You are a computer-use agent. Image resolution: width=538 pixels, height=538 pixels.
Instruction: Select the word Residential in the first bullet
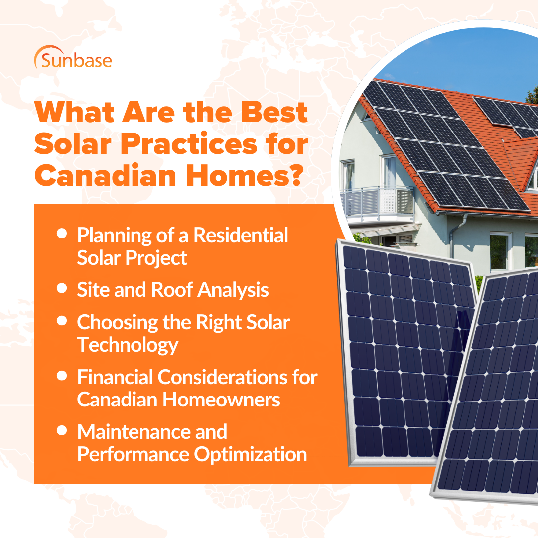tap(241, 235)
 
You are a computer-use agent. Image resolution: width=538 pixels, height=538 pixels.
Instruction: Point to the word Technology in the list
tap(128, 344)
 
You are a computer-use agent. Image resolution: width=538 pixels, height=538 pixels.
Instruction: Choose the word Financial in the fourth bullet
tap(115, 377)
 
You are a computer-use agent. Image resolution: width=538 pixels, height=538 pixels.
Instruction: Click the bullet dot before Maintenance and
tap(62, 430)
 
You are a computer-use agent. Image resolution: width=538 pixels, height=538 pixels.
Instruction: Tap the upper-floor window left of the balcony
tap(348, 175)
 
